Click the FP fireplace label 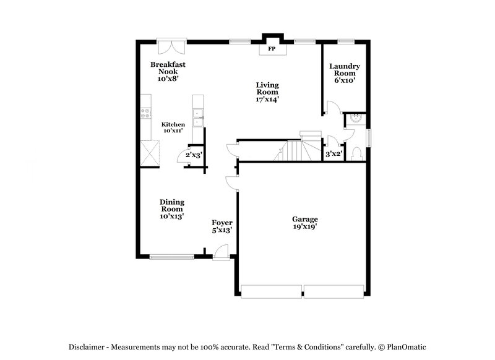pos(271,48)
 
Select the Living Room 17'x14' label pos(268,92)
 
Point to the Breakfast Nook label pos(167,71)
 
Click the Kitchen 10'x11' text pos(173,127)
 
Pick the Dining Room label pos(171,209)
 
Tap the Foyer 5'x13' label pos(222,226)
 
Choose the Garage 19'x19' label pos(305,223)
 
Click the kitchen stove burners pos(146,113)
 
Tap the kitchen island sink pos(197,113)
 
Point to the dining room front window pos(172,257)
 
